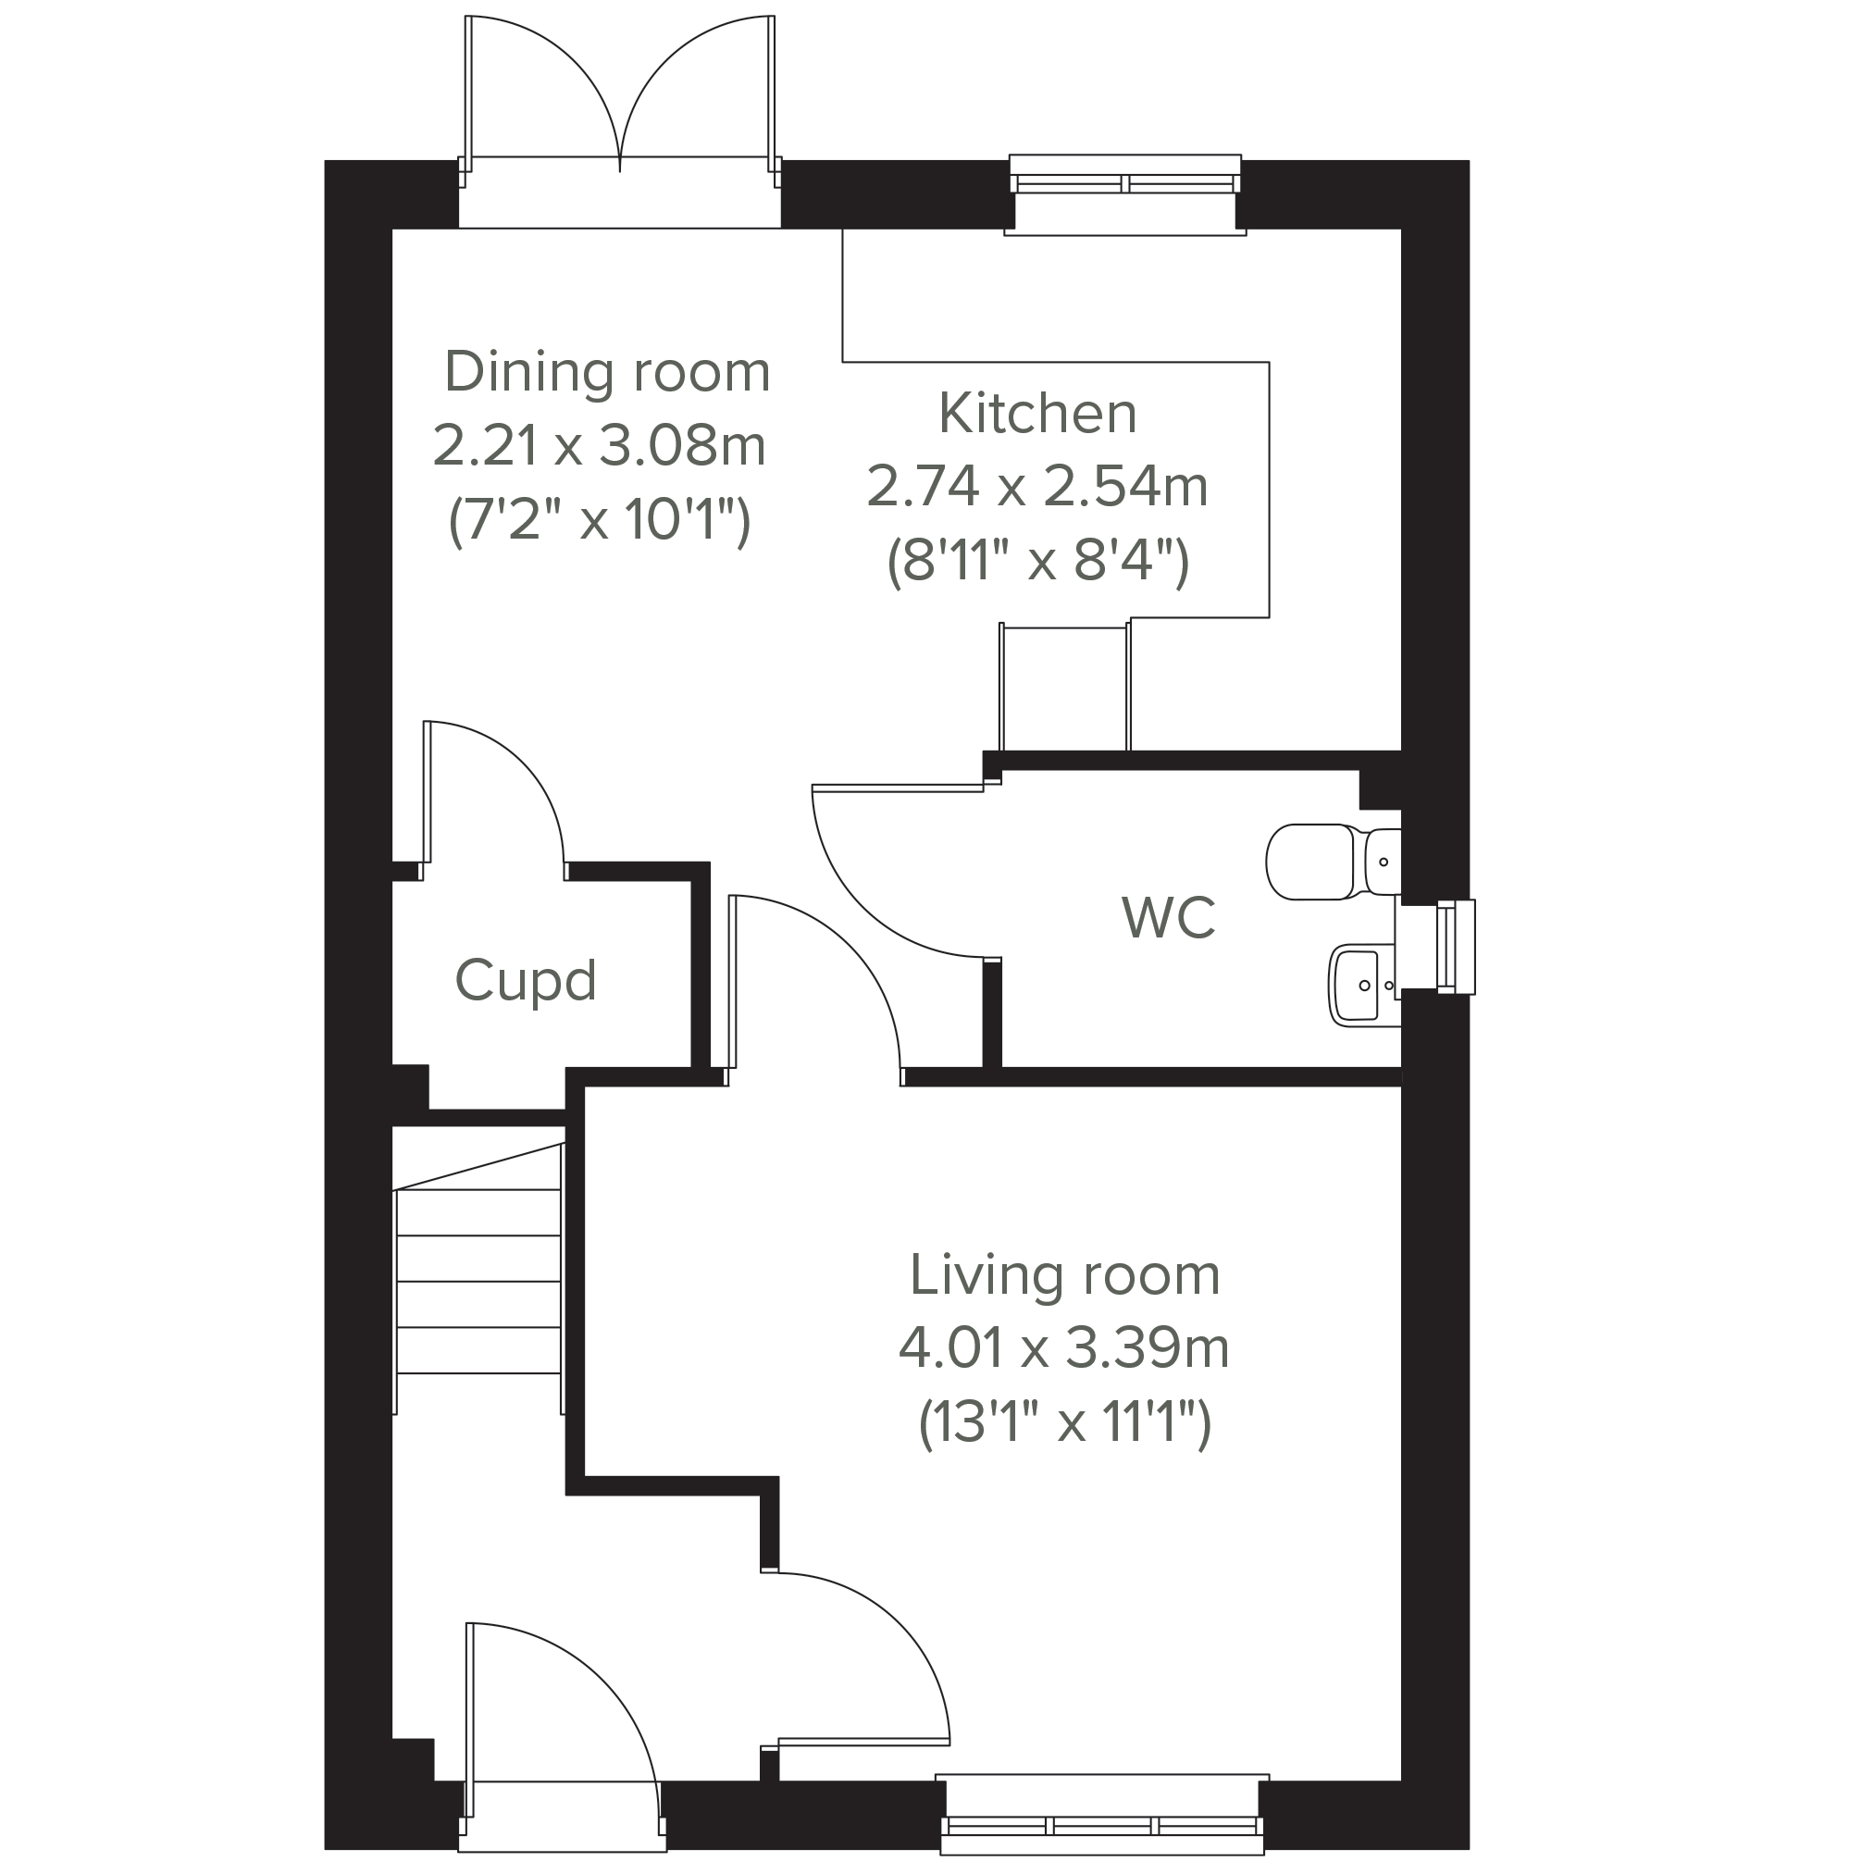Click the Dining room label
607,372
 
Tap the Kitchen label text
1038,414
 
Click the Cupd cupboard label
525,981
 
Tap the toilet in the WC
1333,862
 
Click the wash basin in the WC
1364,987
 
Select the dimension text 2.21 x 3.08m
600,446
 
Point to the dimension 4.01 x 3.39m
1064,1348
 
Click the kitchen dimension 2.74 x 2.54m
1036,487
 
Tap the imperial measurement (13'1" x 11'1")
1064,1423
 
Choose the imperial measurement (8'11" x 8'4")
1038,561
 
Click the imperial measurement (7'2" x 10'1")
600,521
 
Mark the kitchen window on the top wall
1125,193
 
